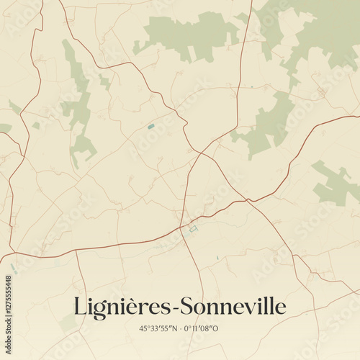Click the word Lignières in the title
click(122, 307)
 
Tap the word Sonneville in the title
click(233, 307)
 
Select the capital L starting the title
click(81, 307)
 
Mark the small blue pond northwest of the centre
click(151, 126)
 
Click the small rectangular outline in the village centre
click(192, 229)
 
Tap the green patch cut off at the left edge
click(4, 128)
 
